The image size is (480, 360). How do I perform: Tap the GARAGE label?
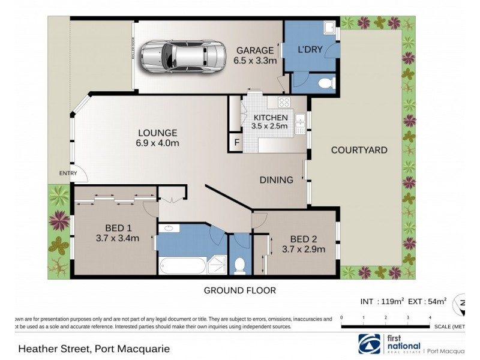coord(255,50)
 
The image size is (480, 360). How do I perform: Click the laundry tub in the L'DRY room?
coord(328,28)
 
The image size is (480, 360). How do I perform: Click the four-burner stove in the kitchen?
coord(283,102)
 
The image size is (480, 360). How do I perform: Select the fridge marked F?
coord(236,144)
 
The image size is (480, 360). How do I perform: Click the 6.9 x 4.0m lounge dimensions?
coord(158,143)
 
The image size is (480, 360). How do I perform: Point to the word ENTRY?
coord(68,174)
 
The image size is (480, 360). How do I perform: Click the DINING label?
coord(276,179)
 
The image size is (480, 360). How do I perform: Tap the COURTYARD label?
coord(359,150)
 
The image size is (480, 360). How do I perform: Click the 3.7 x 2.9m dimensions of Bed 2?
coord(304,250)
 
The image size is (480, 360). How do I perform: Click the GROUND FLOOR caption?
coord(240,290)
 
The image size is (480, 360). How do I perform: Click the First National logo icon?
coord(369,344)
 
